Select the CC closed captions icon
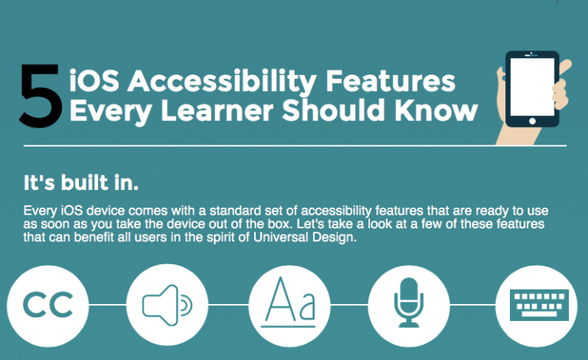pyautogui.click(x=47, y=304)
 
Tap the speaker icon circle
pyautogui.click(x=168, y=304)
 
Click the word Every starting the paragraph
pyautogui.click(x=40, y=210)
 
